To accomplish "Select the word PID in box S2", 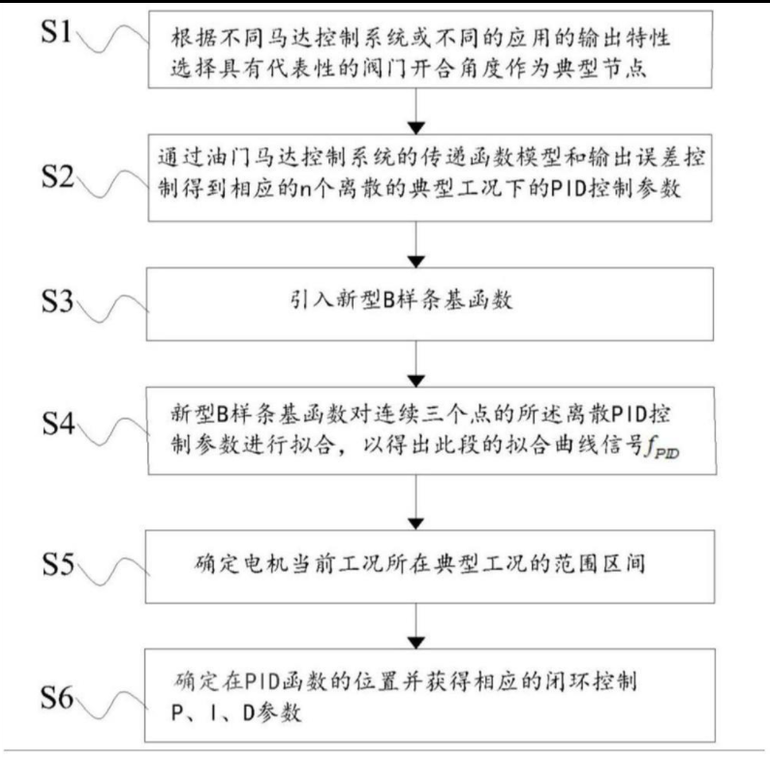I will (570, 189).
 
